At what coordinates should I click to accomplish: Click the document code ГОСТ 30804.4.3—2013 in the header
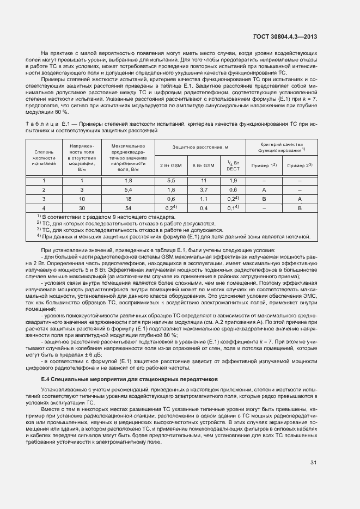tap(284, 36)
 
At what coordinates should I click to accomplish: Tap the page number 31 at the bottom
tap(313, 463)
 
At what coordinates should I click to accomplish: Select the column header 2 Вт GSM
tap(170, 165)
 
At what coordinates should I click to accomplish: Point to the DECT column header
tap(233, 165)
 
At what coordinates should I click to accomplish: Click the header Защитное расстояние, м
tap(200, 148)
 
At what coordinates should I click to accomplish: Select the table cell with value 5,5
tap(170, 180)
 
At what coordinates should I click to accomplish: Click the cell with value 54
tap(129, 208)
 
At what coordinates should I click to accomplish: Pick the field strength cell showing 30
tap(82, 208)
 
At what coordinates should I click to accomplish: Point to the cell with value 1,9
tap(233, 180)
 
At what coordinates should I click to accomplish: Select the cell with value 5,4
tap(129, 189)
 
